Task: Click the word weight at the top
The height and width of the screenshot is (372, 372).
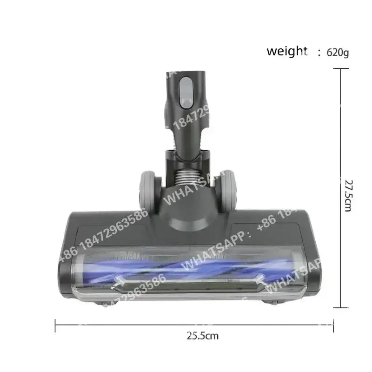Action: coord(287,51)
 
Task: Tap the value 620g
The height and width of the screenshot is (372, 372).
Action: coord(338,52)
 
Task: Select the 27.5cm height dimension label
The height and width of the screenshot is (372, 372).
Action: coord(347,188)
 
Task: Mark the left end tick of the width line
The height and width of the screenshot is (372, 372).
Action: coord(55,325)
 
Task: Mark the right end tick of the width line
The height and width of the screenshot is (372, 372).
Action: coord(333,325)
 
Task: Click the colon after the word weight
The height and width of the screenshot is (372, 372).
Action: coord(319,53)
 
